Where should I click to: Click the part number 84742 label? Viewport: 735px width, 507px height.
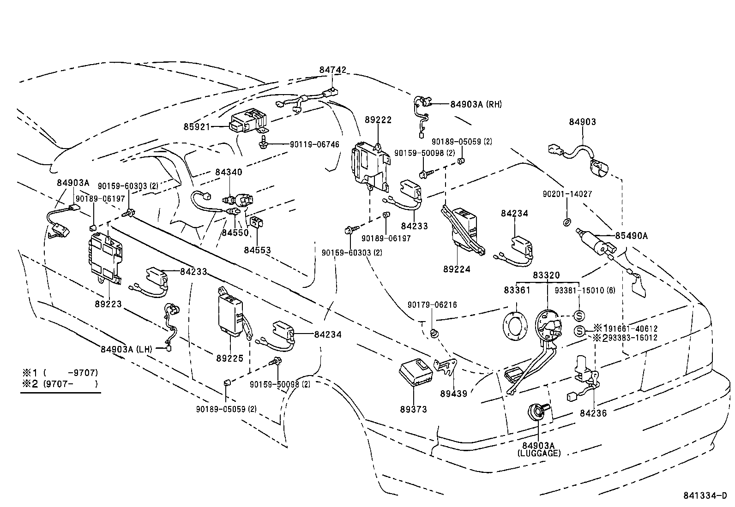[x=332, y=70]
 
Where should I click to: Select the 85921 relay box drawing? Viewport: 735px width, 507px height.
[x=248, y=120]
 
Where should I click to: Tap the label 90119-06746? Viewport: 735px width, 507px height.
[x=314, y=144]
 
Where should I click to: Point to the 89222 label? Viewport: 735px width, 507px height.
[x=378, y=120]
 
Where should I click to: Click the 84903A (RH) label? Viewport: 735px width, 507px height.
[x=476, y=104]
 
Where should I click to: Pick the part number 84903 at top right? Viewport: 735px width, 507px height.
[x=582, y=122]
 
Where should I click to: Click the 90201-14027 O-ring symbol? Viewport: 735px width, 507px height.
[x=566, y=223]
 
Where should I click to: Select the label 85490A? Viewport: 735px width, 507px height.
[x=631, y=236]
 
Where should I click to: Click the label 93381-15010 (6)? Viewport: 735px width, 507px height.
[x=584, y=291]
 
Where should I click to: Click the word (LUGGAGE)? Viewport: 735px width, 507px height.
[x=539, y=453]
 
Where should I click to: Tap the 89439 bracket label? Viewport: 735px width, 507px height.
[x=453, y=394]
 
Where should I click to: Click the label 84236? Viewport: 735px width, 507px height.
[x=593, y=413]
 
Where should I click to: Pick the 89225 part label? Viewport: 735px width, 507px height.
[x=229, y=358]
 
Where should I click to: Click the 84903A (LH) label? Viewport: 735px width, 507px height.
[x=126, y=349]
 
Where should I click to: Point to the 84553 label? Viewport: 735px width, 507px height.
[x=257, y=250]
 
